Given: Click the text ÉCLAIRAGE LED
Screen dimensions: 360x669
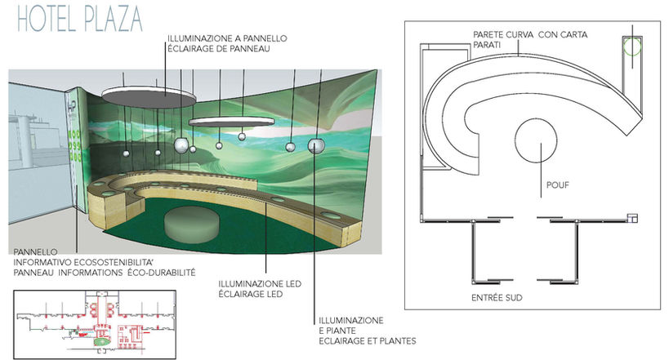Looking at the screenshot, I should pos(250,295).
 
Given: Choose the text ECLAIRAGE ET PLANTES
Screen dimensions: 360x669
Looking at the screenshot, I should pos(368,340).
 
